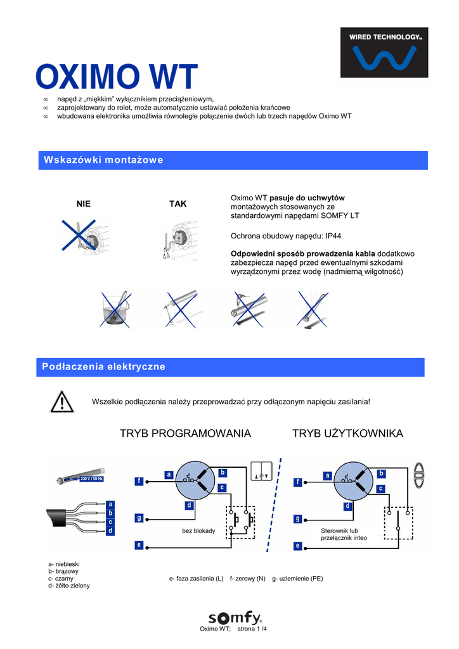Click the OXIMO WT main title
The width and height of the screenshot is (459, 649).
[x=116, y=77]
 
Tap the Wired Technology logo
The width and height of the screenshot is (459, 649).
[x=384, y=53]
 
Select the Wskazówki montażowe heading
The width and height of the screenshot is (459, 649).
[x=103, y=160]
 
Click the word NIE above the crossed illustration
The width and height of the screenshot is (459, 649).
[x=83, y=203]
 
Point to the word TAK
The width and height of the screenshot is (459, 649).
[x=178, y=203]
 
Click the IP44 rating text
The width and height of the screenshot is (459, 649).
[x=333, y=236]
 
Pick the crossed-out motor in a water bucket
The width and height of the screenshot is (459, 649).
[x=115, y=309]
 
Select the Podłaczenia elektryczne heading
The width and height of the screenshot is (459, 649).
[x=103, y=367]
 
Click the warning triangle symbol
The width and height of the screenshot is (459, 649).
[x=62, y=402]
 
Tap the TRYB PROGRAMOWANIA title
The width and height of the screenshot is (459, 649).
[x=185, y=434]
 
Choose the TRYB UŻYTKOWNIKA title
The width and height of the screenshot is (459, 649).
[x=347, y=434]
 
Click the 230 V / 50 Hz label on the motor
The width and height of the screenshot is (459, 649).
[x=91, y=479]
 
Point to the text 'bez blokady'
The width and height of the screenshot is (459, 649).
[x=198, y=530]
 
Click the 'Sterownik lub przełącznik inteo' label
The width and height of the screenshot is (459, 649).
[x=344, y=534]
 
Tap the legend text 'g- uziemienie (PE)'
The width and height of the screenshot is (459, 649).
[x=297, y=579]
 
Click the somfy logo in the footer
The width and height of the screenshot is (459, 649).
[x=235, y=618]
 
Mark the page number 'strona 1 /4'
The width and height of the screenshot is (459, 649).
[x=252, y=629]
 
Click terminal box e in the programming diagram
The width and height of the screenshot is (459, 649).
[x=139, y=545]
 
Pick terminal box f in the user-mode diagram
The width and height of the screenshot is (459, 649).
[x=297, y=482]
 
